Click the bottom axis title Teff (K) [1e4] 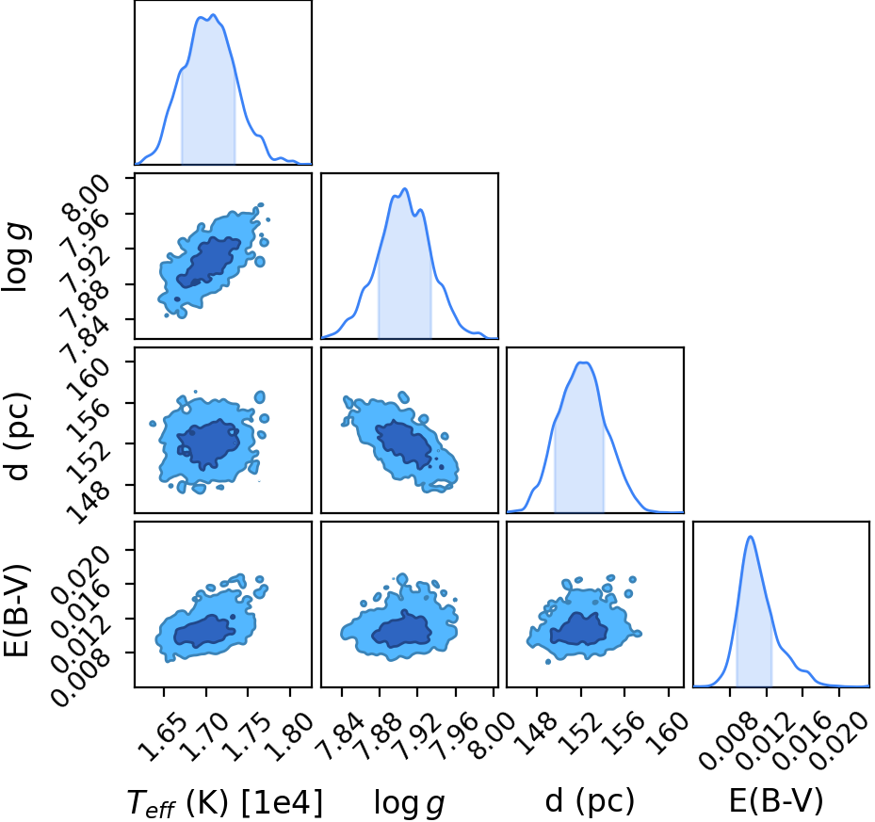point(225,803)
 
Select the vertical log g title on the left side point(16,258)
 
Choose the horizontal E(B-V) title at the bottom point(776,801)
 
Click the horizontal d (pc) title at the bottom point(590,801)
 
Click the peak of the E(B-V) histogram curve point(751,537)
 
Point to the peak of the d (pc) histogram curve point(583,363)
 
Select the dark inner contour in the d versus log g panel point(403,443)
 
